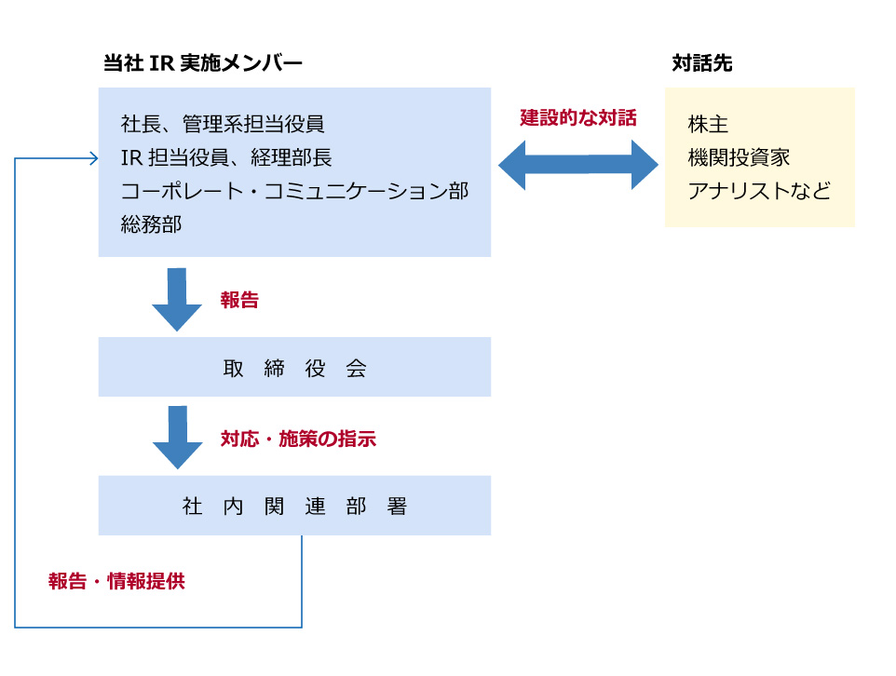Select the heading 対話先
tap(701, 63)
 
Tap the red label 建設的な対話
tap(577, 118)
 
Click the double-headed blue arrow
tap(578, 166)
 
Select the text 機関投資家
tap(739, 157)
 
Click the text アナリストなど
tap(758, 191)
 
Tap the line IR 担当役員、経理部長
tap(226, 157)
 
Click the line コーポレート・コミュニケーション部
tap(294, 191)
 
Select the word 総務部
tap(151, 224)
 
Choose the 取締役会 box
tap(294, 367)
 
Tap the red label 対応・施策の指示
tap(298, 439)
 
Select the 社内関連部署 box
tap(294, 506)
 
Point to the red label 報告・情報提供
tap(116, 581)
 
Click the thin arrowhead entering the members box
tap(93, 158)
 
